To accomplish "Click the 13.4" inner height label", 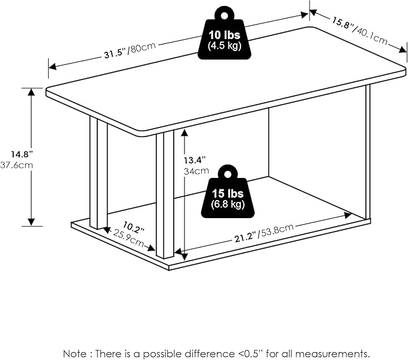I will coord(195,159).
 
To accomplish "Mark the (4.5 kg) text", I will coord(224,46).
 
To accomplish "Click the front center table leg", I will coord(164,195).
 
